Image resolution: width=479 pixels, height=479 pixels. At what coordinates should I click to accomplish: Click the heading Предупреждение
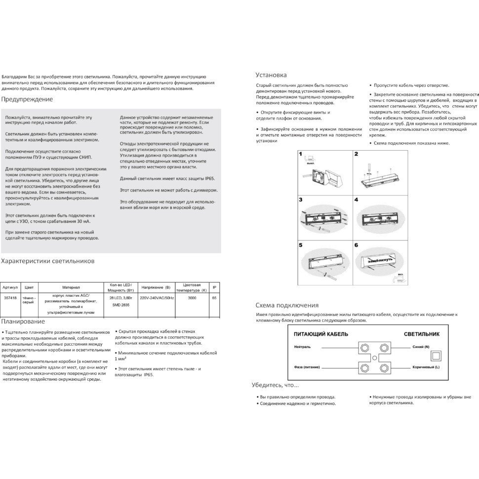coord(27,99)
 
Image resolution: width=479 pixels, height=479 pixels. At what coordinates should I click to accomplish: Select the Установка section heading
coord(271,75)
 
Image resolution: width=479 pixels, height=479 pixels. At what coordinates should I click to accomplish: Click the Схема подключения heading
coord(287,305)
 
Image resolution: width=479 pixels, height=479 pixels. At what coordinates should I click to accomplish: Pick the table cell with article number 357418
coord(10,298)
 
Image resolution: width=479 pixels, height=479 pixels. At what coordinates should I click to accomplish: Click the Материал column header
coord(71,287)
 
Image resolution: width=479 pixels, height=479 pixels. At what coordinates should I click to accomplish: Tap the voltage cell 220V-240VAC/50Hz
coord(157,298)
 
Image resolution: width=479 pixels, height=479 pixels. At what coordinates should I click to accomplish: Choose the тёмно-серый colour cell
coord(29,300)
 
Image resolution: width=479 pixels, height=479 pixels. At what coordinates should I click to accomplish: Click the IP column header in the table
coord(213,287)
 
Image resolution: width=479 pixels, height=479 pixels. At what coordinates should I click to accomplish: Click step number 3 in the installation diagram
coord(301,200)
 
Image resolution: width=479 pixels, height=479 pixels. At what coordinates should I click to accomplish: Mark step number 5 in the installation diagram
coord(301,245)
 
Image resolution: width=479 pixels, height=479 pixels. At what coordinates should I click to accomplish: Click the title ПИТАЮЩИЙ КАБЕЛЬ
coord(320,334)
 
